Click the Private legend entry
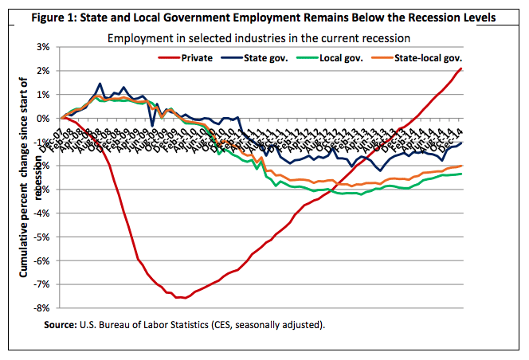pos(197,57)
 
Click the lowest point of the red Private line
pos(183,298)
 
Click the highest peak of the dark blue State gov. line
pos(100,84)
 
